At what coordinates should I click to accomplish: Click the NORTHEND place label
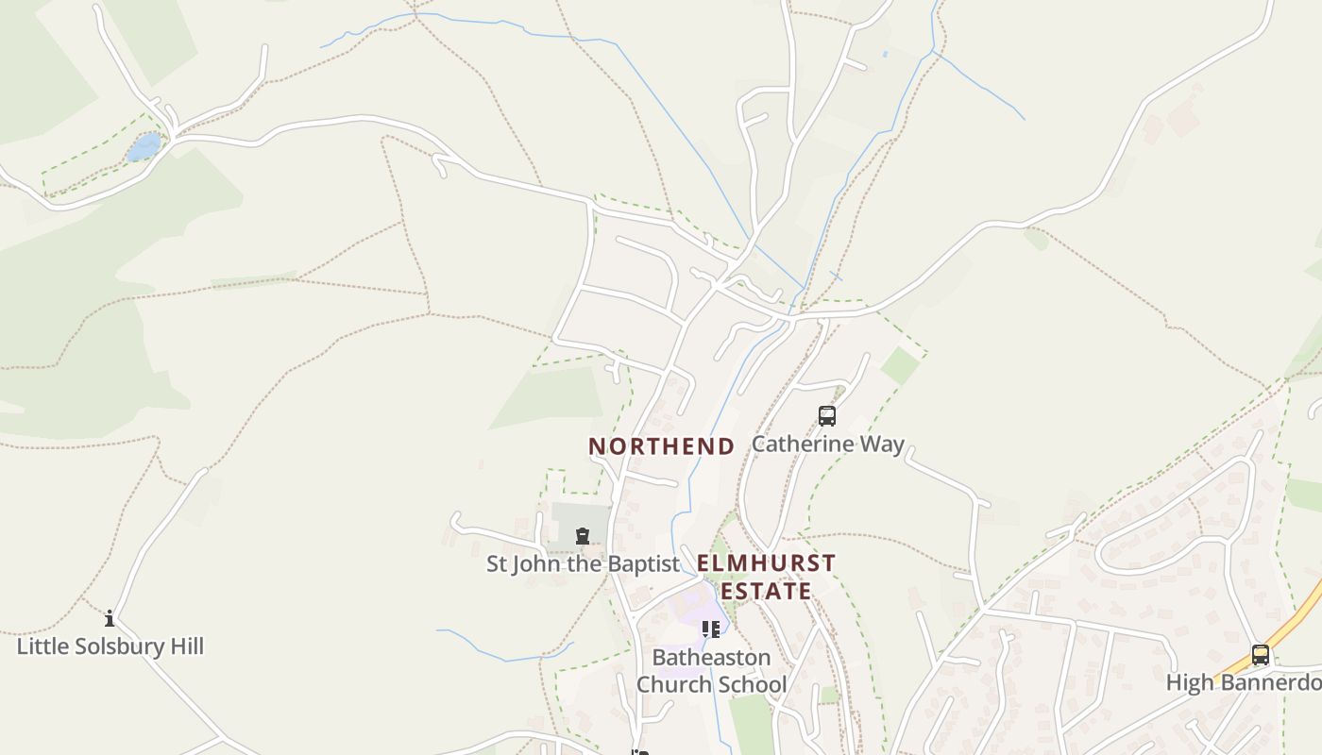point(661,446)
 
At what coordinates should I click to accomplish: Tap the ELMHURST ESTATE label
point(766,577)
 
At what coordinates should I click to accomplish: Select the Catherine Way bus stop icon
point(827,415)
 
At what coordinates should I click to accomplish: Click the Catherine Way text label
point(828,444)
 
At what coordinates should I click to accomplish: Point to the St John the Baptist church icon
point(583,537)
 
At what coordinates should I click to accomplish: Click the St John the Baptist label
point(583,564)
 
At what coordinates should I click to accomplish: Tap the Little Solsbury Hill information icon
point(110,619)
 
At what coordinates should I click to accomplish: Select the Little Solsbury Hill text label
point(110,646)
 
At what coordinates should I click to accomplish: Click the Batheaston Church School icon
point(710,629)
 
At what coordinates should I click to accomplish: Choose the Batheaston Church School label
point(711,670)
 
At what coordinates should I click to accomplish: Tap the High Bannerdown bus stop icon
point(1261,655)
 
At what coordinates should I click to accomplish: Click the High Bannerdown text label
point(1244,682)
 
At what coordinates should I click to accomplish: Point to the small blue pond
point(144,147)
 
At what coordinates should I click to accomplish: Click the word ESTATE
point(766,592)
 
